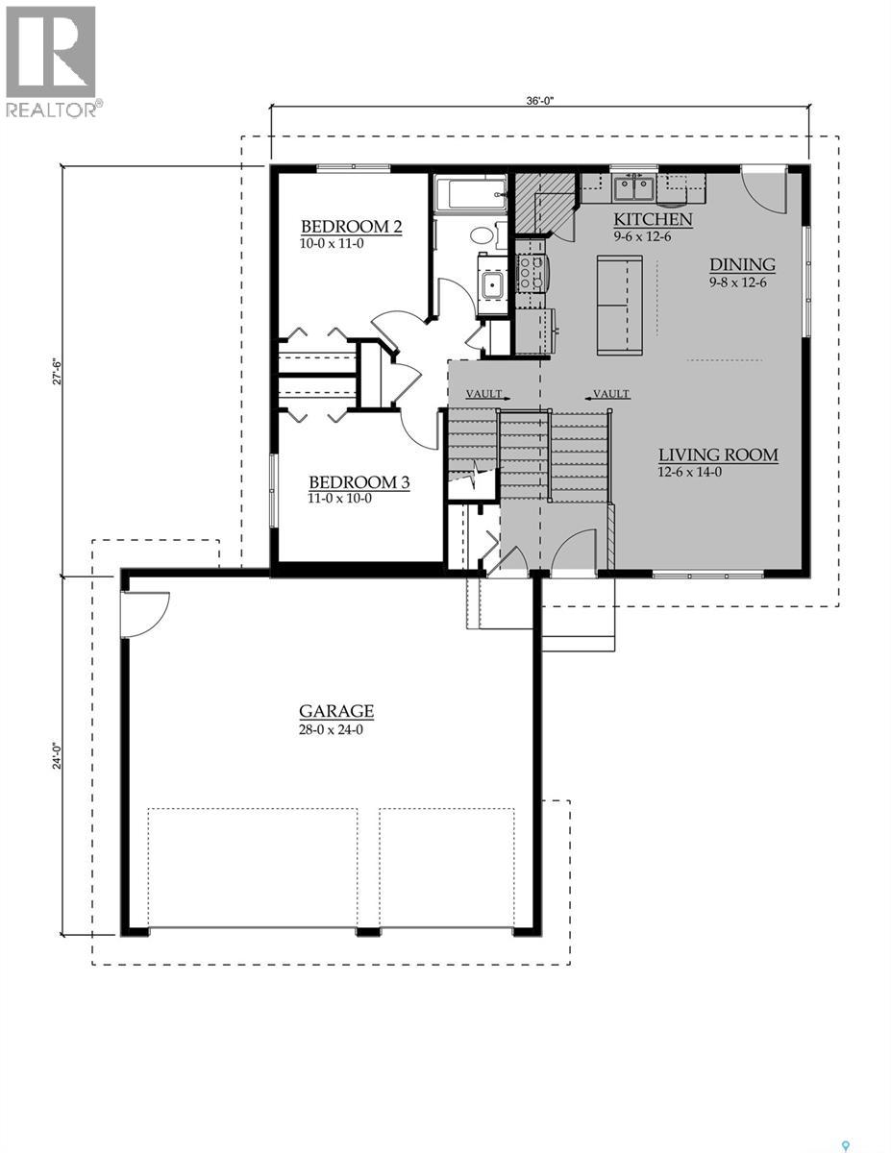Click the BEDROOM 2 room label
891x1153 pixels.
(350, 227)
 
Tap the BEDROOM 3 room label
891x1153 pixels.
(359, 482)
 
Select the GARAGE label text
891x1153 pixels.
(336, 711)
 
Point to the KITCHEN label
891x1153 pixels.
(653, 220)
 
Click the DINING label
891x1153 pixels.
(742, 265)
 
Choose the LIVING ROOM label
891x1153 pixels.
(718, 455)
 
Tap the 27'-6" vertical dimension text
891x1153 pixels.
(58, 370)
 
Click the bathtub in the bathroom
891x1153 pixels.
(470, 194)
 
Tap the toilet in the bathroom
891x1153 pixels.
(482, 234)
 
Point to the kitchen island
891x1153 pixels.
(619, 305)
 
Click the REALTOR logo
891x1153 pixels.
(50, 61)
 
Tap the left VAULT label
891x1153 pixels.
(484, 394)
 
